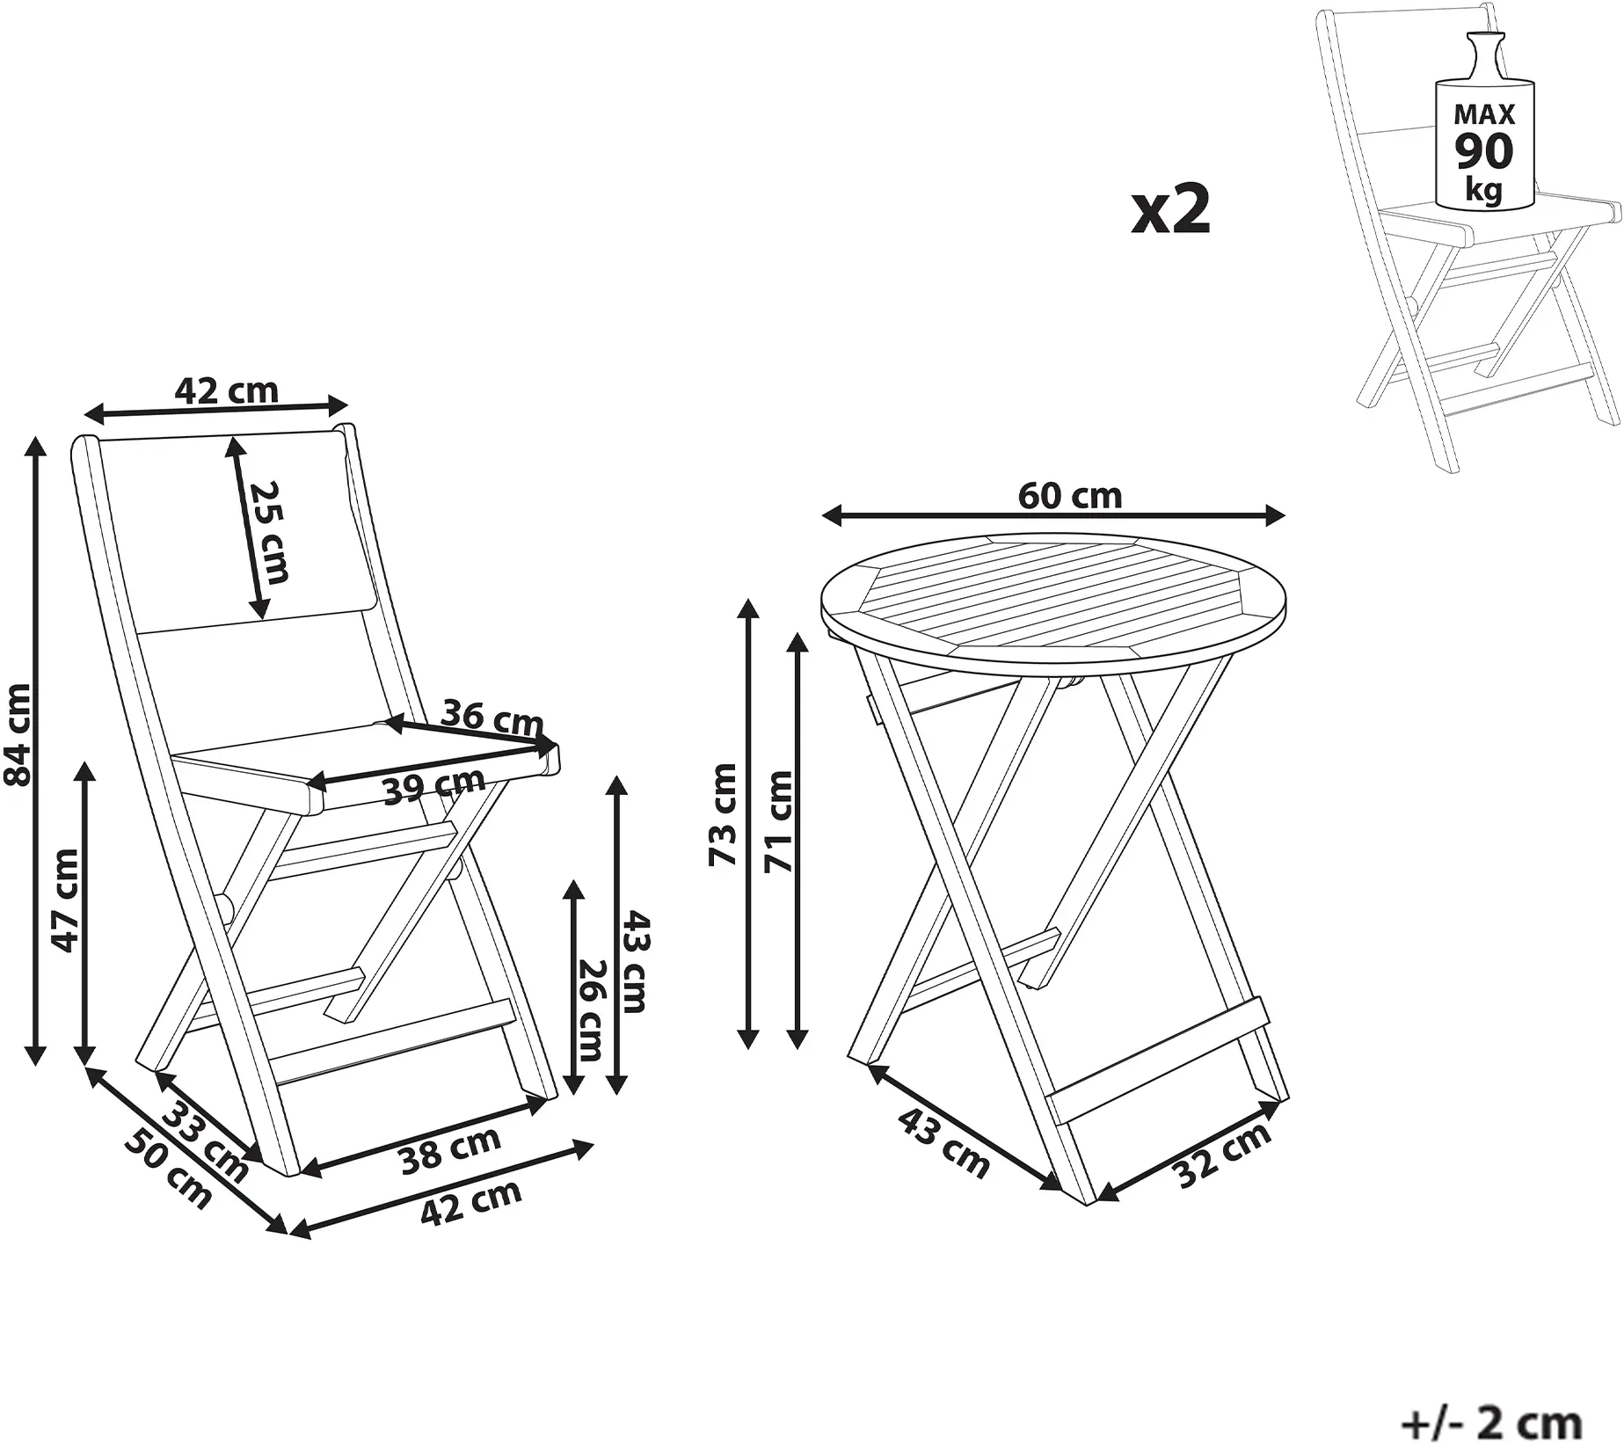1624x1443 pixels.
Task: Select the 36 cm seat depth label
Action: [x=492, y=717]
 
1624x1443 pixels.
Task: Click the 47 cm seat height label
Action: [x=67, y=900]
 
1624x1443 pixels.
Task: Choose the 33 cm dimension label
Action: [x=208, y=1140]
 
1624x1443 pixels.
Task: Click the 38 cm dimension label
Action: [x=450, y=1151]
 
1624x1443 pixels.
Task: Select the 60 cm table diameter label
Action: [x=1070, y=497]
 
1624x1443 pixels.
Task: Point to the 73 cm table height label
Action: [x=723, y=813]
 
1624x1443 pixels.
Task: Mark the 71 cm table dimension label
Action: [x=779, y=821]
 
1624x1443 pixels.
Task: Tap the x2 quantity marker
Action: [x=1170, y=211]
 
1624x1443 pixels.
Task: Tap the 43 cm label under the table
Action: [x=943, y=1141]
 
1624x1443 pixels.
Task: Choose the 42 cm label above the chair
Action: [x=226, y=390]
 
